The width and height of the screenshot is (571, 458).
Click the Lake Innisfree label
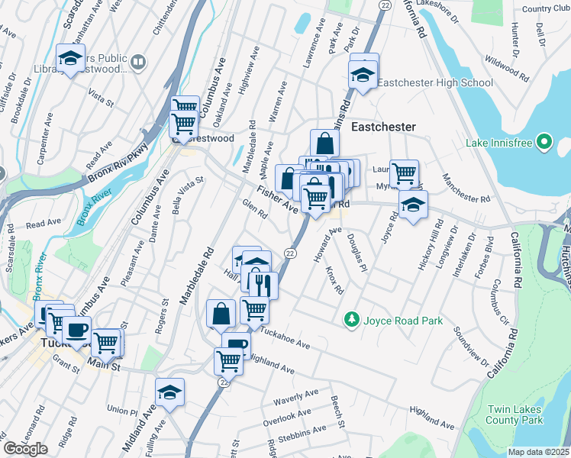click(499, 143)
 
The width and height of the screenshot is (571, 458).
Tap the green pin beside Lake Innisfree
click(544, 143)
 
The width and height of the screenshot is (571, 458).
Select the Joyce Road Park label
click(404, 321)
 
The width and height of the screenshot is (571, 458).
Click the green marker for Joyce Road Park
click(352, 319)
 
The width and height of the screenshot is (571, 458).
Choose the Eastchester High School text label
click(435, 82)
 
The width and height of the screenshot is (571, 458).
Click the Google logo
click(25, 449)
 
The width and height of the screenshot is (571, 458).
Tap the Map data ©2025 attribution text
click(538, 452)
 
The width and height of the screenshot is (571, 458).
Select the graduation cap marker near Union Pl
click(169, 392)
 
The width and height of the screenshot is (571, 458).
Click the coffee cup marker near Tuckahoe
click(76, 330)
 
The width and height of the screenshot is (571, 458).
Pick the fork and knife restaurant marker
click(263, 285)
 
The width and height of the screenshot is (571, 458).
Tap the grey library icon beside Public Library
click(138, 62)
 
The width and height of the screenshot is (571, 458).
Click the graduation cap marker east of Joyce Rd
click(413, 204)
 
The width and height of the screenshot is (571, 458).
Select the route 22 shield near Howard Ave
click(290, 253)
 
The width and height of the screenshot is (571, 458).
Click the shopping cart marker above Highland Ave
click(228, 360)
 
